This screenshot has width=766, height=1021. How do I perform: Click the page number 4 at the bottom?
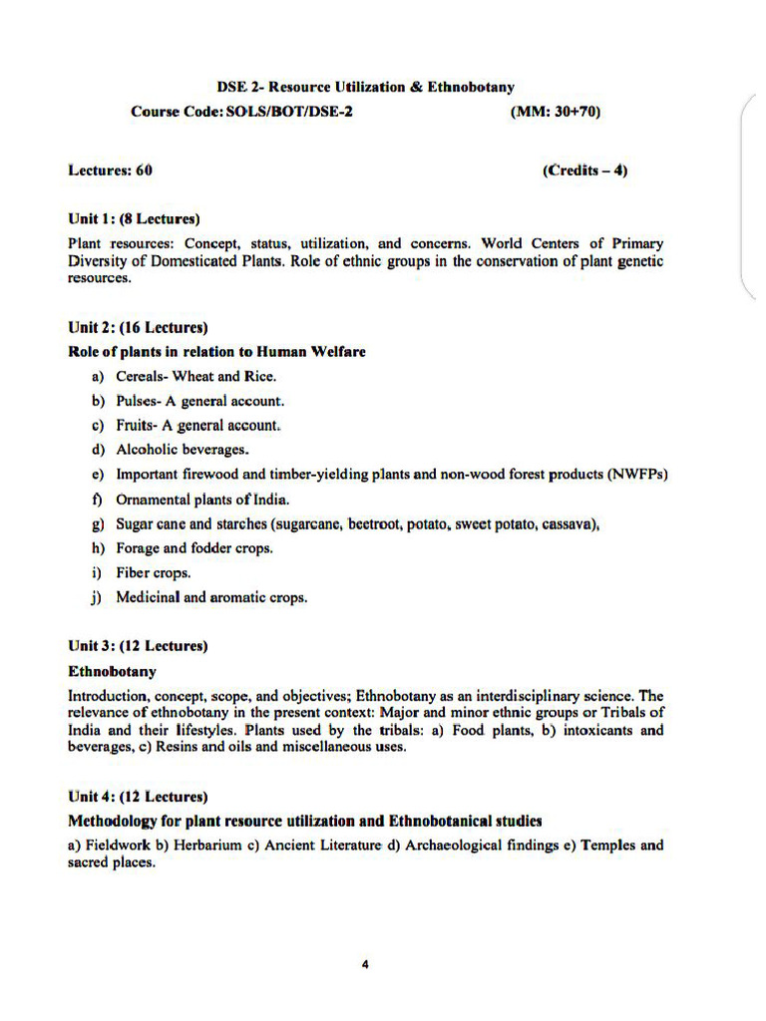pos(366,964)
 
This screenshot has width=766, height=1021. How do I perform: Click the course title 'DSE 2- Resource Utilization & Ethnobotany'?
pos(366,88)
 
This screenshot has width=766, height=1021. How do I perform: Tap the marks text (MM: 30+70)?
pos(556,112)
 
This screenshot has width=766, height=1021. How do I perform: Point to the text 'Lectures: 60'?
pos(110,170)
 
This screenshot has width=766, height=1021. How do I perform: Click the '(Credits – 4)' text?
pos(585,170)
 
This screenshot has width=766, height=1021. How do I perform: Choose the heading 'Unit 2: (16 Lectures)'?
pos(138,327)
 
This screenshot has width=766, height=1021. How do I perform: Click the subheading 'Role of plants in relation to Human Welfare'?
pos(216,351)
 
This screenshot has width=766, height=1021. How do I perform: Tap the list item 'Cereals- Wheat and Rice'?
pos(196,376)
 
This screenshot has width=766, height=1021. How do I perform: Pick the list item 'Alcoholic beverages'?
pos(183,450)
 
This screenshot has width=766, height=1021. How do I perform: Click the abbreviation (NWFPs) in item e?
pos(636,475)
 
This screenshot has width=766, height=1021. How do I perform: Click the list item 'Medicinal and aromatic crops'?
pos(211,598)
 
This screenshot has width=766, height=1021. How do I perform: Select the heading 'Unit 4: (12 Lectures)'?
pos(138,797)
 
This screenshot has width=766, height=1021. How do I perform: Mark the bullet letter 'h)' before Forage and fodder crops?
pos(98,548)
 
